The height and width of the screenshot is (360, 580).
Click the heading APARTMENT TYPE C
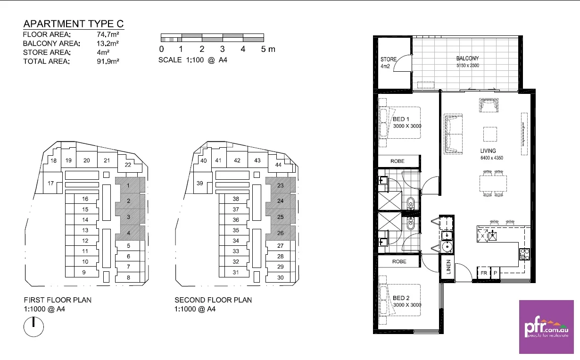[x=74, y=24]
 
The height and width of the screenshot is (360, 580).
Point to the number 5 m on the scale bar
[x=267, y=50]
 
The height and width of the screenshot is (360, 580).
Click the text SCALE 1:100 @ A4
[x=193, y=60]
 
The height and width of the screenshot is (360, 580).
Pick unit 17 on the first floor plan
[x=50, y=184]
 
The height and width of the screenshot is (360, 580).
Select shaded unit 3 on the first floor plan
[x=128, y=217]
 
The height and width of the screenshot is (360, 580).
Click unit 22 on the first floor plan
[x=128, y=165]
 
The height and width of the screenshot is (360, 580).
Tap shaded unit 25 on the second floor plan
[x=280, y=217]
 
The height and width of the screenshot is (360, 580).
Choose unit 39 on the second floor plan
[x=200, y=183]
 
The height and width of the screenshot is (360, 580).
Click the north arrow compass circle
[x=33, y=327]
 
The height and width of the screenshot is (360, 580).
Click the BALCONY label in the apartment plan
[x=467, y=59]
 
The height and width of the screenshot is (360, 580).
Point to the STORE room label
[x=388, y=59]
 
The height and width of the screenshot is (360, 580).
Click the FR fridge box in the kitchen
[x=483, y=273]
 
